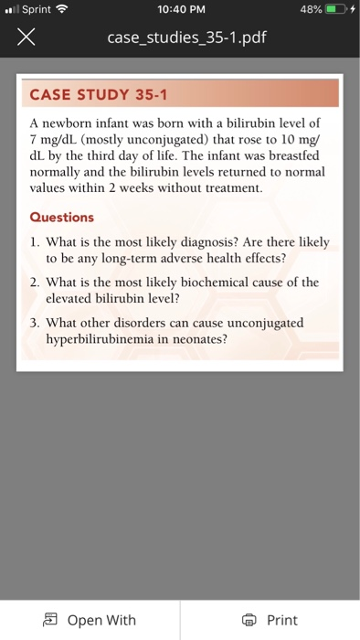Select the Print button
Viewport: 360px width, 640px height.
271,620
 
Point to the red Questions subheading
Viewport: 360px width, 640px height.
62,218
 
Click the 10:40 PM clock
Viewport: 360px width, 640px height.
179,10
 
